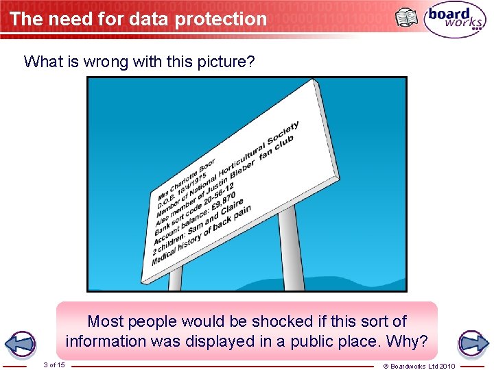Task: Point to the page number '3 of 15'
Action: (x=54, y=365)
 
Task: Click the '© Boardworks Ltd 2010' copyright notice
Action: (x=428, y=366)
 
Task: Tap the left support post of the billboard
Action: (x=176, y=277)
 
